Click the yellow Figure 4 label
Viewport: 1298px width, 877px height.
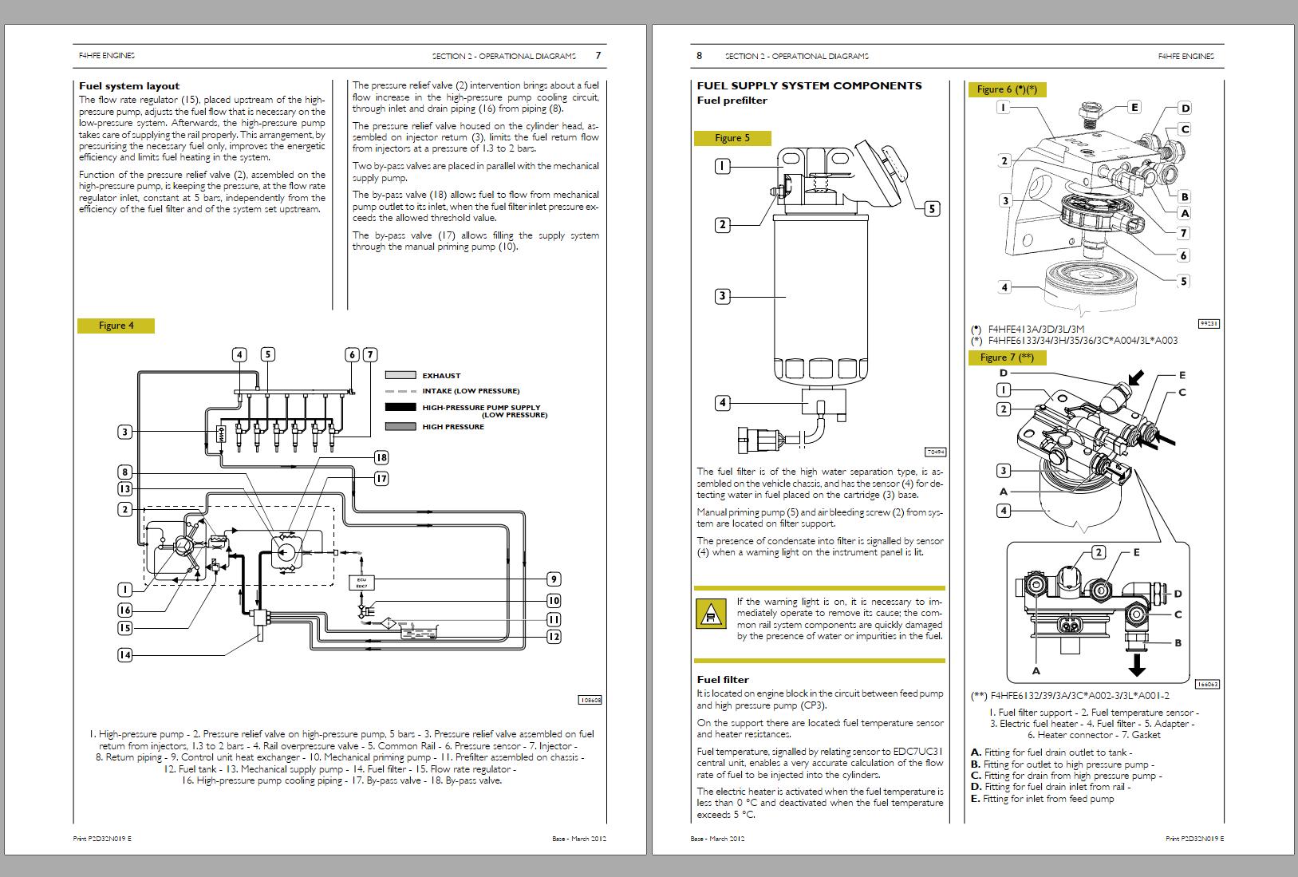pyautogui.click(x=116, y=326)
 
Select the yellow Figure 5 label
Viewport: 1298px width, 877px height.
pyautogui.click(x=732, y=138)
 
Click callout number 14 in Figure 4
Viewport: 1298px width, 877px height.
pyautogui.click(x=124, y=655)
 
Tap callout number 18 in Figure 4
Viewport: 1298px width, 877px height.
pyautogui.click(x=381, y=457)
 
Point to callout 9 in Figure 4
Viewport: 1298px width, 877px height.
pyautogui.click(x=554, y=579)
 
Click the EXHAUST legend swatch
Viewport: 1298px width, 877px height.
pyautogui.click(x=400, y=375)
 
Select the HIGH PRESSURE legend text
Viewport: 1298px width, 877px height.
pyautogui.click(x=453, y=427)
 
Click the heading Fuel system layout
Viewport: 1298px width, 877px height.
pyautogui.click(x=129, y=86)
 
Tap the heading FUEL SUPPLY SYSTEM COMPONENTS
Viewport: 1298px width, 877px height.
pyautogui.click(x=809, y=85)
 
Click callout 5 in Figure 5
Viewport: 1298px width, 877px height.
pyautogui.click(x=932, y=209)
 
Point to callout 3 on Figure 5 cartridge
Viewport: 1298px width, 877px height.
pyautogui.click(x=722, y=296)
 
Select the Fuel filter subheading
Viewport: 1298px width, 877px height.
pyautogui.click(x=723, y=680)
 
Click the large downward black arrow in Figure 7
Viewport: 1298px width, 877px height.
pyautogui.click(x=1137, y=663)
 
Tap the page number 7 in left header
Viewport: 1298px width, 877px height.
pyautogui.click(x=598, y=56)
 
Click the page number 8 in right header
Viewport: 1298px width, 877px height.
pyautogui.click(x=700, y=56)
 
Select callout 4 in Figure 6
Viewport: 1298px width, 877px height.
pyautogui.click(x=1004, y=287)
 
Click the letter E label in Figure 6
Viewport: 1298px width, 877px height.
pyautogui.click(x=1134, y=107)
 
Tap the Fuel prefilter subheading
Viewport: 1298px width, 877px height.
pyautogui.click(x=732, y=101)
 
